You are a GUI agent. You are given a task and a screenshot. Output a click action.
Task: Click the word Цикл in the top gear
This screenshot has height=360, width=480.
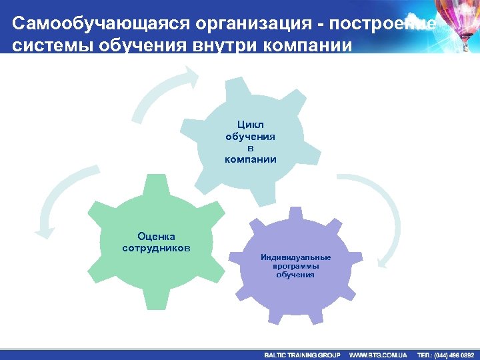(250, 125)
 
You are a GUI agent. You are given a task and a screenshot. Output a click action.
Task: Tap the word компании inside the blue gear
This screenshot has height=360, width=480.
(250, 160)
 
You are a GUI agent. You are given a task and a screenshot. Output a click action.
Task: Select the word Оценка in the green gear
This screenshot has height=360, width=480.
(156, 236)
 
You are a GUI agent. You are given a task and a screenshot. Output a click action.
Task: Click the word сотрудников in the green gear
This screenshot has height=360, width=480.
(156, 248)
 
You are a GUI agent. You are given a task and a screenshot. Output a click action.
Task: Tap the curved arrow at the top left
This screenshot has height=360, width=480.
(163, 90)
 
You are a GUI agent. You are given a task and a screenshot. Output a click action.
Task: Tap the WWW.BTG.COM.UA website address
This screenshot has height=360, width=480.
(378, 355)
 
